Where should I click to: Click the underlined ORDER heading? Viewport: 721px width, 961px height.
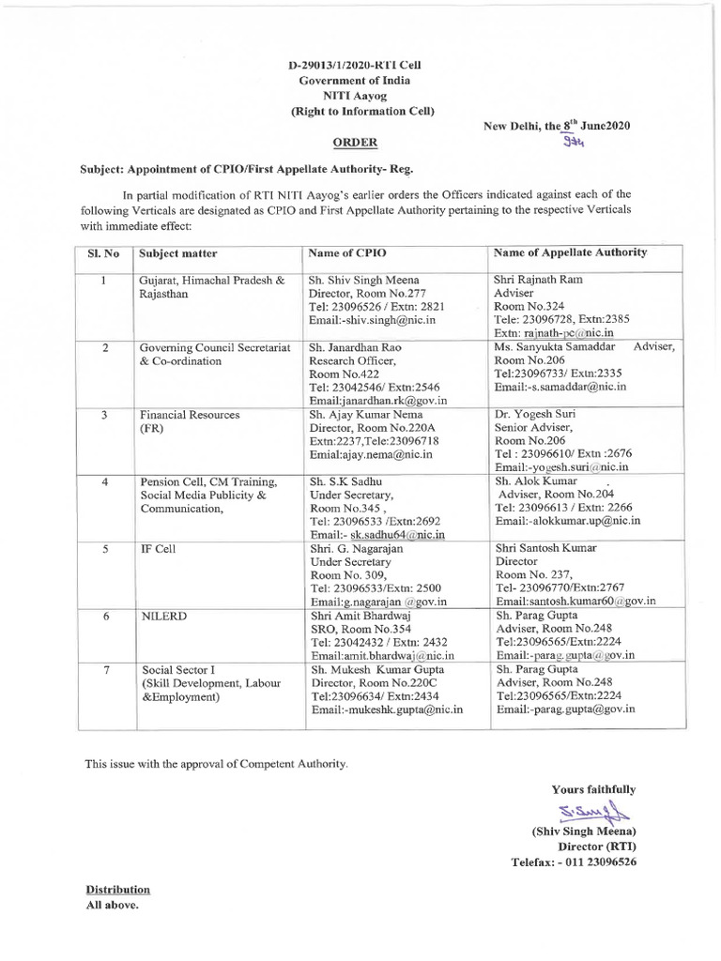coord(357,143)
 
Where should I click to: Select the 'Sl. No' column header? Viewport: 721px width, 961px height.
coord(104,253)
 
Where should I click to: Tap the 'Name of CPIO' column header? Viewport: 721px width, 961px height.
coord(347,253)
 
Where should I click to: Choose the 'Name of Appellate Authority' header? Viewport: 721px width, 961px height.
coord(570,252)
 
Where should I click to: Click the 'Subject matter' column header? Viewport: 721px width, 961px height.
coord(178,253)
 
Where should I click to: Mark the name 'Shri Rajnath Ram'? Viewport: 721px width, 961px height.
coord(538,280)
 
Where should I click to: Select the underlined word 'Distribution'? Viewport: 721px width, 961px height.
coord(118,889)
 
